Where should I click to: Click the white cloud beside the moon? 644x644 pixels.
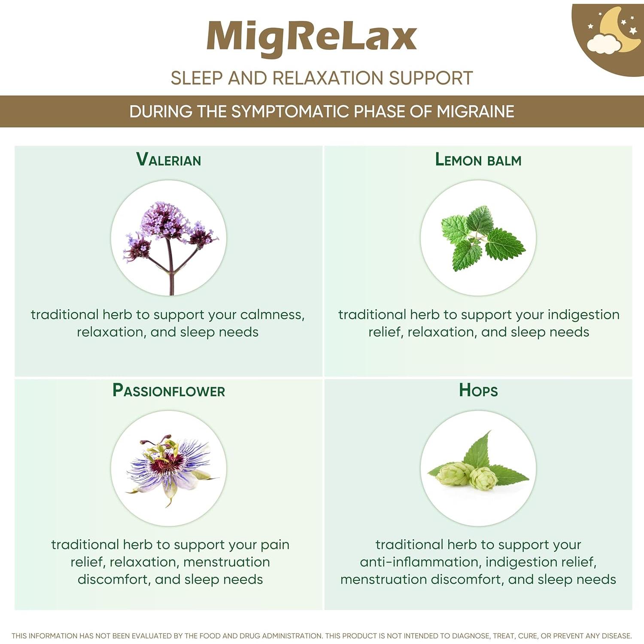(x=604, y=44)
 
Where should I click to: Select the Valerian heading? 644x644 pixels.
(x=168, y=160)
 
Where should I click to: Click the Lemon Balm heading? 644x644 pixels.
(x=478, y=160)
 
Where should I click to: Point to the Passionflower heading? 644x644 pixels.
(x=168, y=391)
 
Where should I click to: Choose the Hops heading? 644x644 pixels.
(x=478, y=391)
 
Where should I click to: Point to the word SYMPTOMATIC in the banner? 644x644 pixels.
(x=291, y=112)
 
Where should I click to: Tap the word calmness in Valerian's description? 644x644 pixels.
(x=272, y=315)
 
